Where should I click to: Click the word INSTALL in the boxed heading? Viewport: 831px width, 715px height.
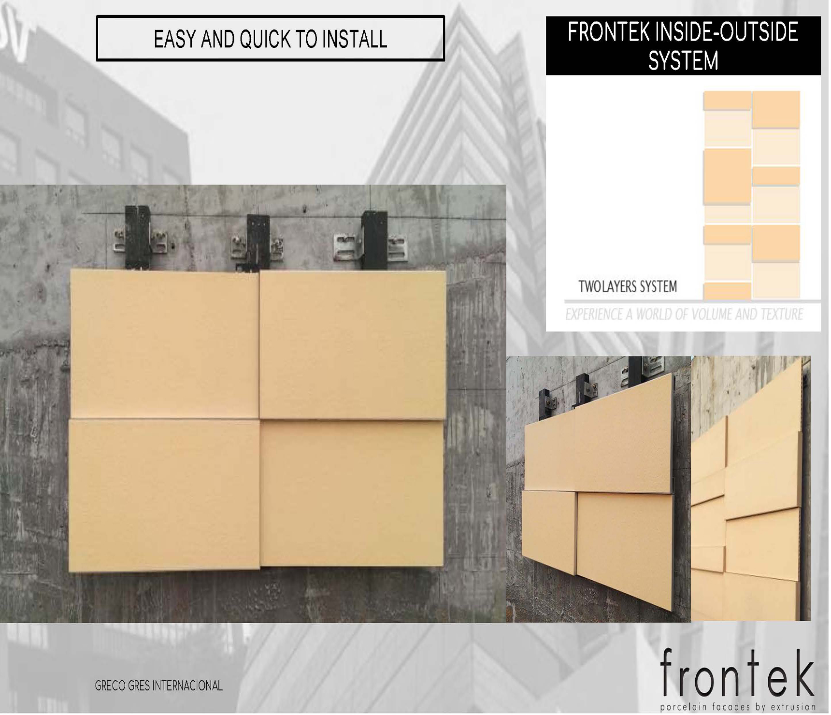pos(355,39)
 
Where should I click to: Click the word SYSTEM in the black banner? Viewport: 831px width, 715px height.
pos(683,61)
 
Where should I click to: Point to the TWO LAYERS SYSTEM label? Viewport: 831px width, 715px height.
pos(628,286)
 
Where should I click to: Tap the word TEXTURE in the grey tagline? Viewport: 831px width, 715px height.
pos(781,315)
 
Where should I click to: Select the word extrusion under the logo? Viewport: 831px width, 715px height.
pos(793,707)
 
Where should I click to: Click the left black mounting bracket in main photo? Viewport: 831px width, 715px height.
pos(138,238)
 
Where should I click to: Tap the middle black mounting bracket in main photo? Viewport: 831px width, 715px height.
pos(258,242)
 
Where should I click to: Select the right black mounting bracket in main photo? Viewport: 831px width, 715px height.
pos(374,240)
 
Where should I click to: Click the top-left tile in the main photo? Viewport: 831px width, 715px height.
pos(164,344)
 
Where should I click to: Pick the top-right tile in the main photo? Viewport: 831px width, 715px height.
pos(353,345)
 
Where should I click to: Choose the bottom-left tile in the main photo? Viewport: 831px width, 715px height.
pos(164,495)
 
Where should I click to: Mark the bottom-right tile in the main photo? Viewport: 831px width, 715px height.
pos(352,493)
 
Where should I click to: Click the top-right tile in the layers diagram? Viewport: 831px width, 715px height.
pos(776,109)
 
